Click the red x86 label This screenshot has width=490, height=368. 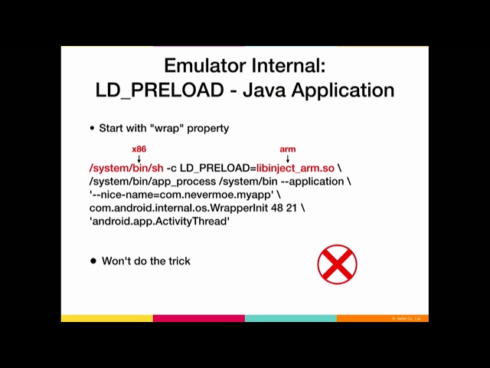click(139, 149)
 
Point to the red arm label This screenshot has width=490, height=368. click(287, 149)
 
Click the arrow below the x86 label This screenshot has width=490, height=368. click(139, 158)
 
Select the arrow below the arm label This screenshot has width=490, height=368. click(287, 158)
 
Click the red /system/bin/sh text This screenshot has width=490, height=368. click(126, 168)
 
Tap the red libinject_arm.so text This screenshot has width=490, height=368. click(296, 168)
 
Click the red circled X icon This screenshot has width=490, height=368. click(337, 264)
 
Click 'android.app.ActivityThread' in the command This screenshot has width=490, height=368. click(159, 221)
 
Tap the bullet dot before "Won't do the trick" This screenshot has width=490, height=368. click(93, 261)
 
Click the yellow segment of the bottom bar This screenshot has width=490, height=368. click(106, 318)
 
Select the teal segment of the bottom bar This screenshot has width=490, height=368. click(290, 318)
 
